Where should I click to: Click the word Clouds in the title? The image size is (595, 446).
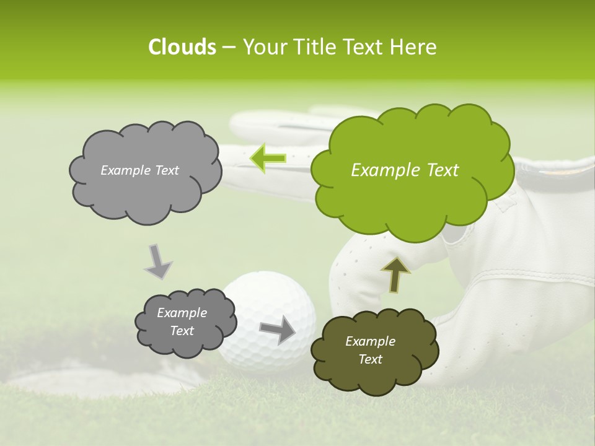pos(182,47)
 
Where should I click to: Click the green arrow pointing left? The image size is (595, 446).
pos(268,159)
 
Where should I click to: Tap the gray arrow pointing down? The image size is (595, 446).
pos(158,261)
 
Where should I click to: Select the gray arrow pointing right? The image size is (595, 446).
pos(278,329)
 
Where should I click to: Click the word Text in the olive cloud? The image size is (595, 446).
pos(371,359)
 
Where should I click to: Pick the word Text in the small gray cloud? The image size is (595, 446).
pos(182,331)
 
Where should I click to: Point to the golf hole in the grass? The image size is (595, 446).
pos(87,365)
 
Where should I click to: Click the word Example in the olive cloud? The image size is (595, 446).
pos(370,341)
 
